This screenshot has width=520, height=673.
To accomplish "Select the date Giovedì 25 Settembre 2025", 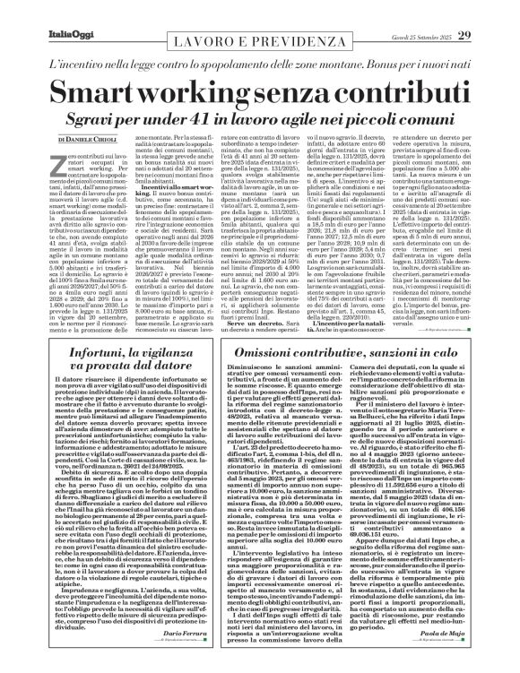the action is pos(431,12).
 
